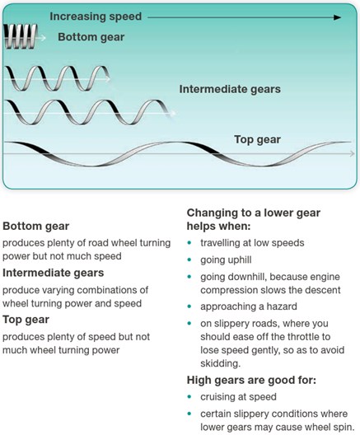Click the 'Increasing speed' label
pos(96,16)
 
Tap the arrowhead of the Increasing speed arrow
pos(337,17)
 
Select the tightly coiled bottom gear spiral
pos(21,36)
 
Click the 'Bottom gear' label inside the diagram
pos(91,37)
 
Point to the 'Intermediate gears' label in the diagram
pos(230,89)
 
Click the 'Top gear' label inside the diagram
pos(257,139)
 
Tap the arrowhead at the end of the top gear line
pos(353,153)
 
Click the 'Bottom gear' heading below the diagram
pos(35,226)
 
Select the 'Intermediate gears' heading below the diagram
pos(54,273)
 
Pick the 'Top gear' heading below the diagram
pos(26,320)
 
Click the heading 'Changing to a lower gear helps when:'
pos(254,219)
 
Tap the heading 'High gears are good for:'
pos(251,380)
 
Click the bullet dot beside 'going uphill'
pos(189,260)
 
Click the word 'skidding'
pos(221,363)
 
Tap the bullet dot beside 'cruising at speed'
pos(189,397)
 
